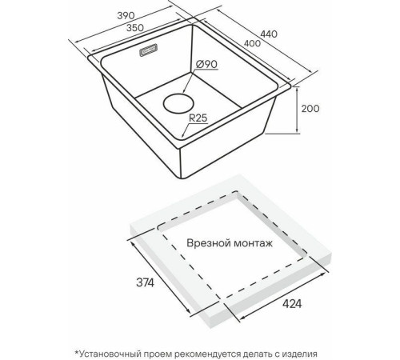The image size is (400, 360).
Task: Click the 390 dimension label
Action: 126,16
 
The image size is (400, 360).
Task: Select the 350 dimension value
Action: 135,27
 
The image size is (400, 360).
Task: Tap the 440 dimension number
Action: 269,34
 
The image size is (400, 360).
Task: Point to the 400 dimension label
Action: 252,43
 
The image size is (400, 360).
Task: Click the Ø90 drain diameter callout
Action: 206,64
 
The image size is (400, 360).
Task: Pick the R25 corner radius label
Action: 198,118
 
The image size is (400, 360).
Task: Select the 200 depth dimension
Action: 310,109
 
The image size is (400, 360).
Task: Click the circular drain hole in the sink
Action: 178,103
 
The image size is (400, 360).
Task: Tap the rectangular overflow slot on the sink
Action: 149,50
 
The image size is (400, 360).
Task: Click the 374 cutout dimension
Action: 145,282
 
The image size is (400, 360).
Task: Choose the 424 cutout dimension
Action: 292,304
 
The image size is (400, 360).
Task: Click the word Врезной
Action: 208,243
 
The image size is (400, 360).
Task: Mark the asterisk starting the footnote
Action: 77,352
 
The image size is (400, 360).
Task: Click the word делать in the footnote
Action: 256,354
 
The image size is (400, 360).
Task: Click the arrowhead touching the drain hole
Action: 184,91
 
